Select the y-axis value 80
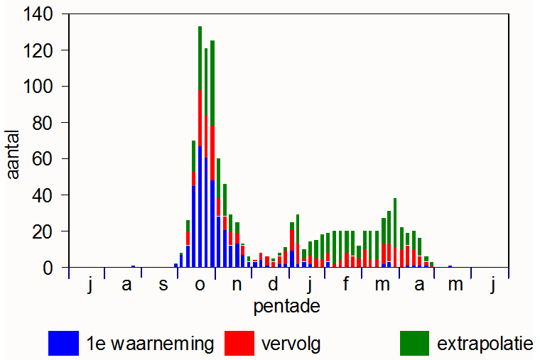click(x=45, y=123)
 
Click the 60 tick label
click(x=45, y=159)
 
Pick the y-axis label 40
click(x=45, y=195)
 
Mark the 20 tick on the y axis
click(x=45, y=231)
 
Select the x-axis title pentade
click(x=286, y=307)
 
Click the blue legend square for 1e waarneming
click(x=63, y=343)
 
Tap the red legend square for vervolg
click(x=239, y=343)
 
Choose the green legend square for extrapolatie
click(x=414, y=343)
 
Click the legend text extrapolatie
click(x=485, y=344)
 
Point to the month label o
click(x=200, y=285)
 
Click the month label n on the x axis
click(x=237, y=285)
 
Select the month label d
click(x=273, y=285)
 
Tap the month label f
click(x=346, y=285)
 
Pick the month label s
click(x=163, y=285)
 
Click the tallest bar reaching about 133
click(x=200, y=142)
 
